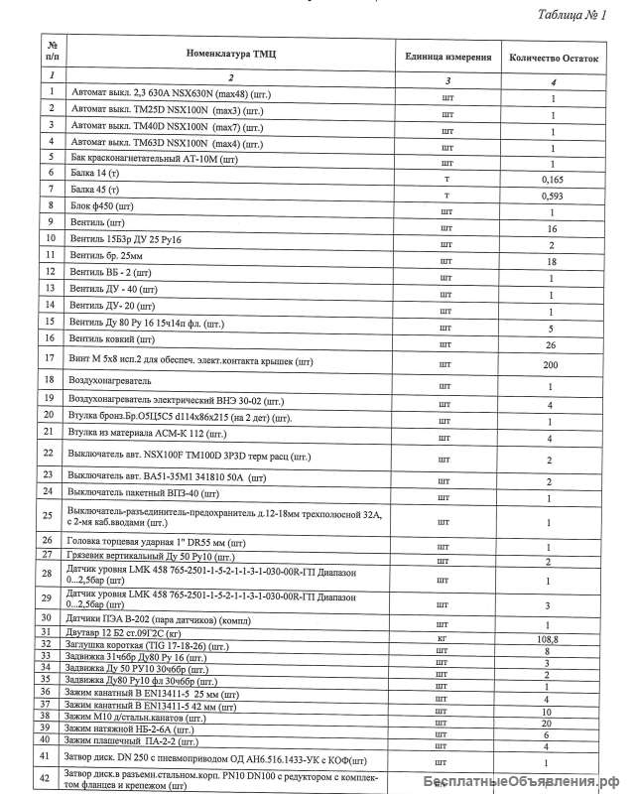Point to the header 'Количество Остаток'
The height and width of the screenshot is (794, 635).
(x=554, y=59)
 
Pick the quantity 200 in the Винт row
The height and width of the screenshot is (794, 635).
(x=552, y=364)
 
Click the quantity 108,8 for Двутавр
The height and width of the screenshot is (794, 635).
(x=552, y=640)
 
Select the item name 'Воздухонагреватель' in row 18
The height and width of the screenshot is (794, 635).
(x=109, y=380)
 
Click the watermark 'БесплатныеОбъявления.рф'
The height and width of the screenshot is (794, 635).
(x=525, y=780)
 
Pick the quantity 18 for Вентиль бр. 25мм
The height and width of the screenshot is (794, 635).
(x=552, y=261)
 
